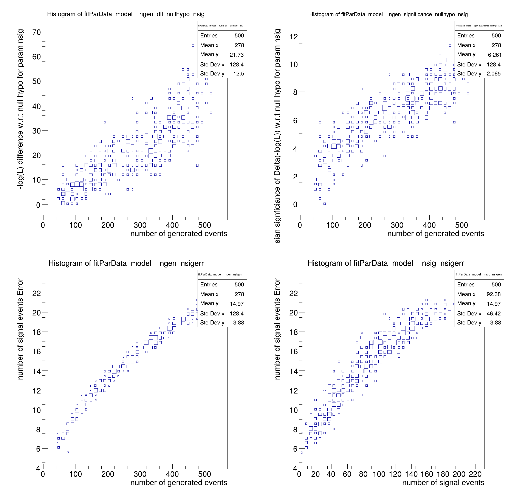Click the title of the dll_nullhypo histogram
pyautogui.click(x=126, y=14)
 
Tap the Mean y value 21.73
pyautogui.click(x=237, y=55)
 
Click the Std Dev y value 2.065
pyautogui.click(x=494, y=74)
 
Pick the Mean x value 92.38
pyautogui.click(x=494, y=294)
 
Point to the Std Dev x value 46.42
pyautogui.click(x=494, y=314)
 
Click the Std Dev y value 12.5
pyautogui.click(x=239, y=74)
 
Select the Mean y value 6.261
pyautogui.click(x=495, y=55)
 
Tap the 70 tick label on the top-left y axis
pyautogui.click(x=36, y=32)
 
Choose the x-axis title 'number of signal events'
pyautogui.click(x=443, y=483)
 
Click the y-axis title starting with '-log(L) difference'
pyautogui.click(x=20, y=109)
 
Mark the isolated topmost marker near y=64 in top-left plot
pyautogui.click(x=193, y=46)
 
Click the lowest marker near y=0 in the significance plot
pyautogui.click(x=324, y=204)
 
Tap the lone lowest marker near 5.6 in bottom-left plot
pyautogui.click(x=68, y=452)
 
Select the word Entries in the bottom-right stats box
pyautogui.click(x=466, y=284)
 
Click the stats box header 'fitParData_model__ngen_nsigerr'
pyautogui.click(x=220, y=275)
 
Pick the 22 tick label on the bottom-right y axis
pyautogui.click(x=293, y=293)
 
